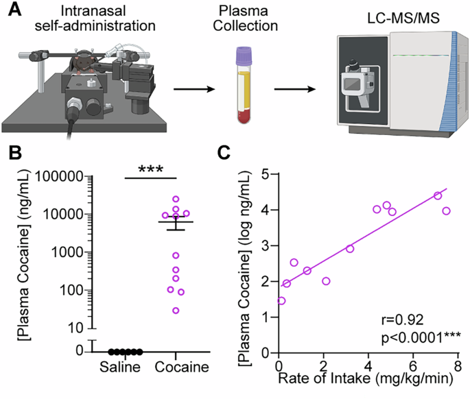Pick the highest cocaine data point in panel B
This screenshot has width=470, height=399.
tap(176, 199)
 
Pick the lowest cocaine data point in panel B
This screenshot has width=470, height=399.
tap(176, 311)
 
